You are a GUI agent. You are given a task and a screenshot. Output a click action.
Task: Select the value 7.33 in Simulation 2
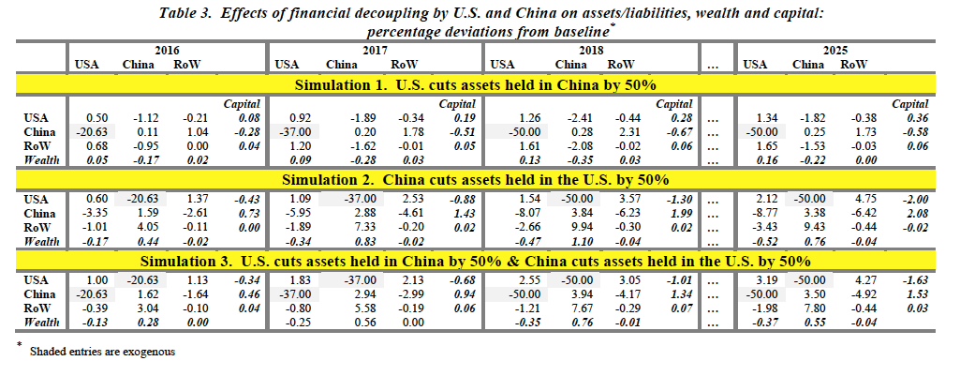click(x=342, y=226)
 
